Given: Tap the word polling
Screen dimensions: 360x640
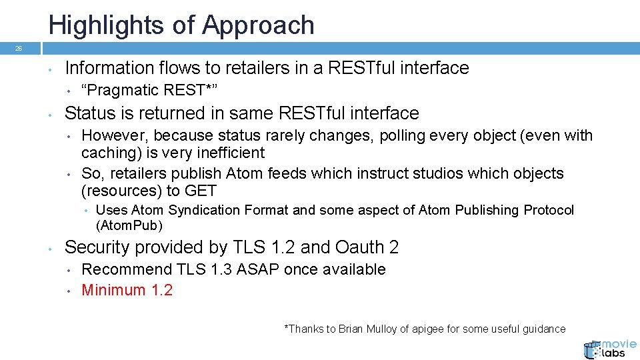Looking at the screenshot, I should [404, 135].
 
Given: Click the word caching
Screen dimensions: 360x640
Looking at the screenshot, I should [105, 153].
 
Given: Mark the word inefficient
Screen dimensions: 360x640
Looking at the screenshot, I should [230, 153].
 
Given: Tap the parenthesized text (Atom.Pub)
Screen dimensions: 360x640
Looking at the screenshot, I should [129, 225].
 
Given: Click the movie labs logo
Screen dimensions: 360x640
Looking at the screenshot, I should [609, 349].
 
